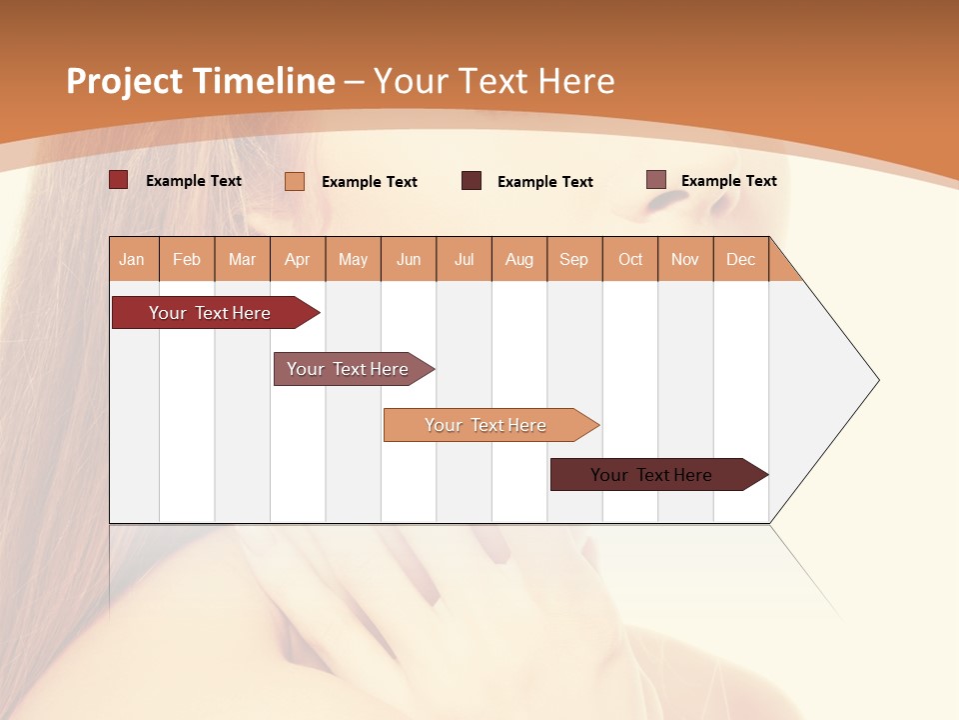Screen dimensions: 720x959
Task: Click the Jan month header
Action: pyautogui.click(x=133, y=259)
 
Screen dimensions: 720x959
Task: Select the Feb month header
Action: pyautogui.click(x=187, y=259)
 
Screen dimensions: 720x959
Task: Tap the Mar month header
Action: pyautogui.click(x=242, y=259)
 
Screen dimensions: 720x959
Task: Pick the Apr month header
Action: pyautogui.click(x=298, y=259)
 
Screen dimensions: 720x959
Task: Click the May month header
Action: pyautogui.click(x=353, y=259)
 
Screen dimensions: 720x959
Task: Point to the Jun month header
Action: pyautogui.click(x=409, y=259)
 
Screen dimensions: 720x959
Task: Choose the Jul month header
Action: pyautogui.click(x=464, y=259)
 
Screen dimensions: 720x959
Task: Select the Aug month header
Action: pyautogui.click(x=519, y=259)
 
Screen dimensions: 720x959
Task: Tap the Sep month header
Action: pyautogui.click(x=574, y=259)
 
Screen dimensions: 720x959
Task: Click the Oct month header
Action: pyautogui.click(x=630, y=259)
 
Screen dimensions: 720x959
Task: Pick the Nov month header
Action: pyautogui.click(x=685, y=259)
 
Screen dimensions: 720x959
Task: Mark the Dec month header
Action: pyautogui.click(x=741, y=259)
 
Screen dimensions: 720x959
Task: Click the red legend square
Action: pyautogui.click(x=118, y=180)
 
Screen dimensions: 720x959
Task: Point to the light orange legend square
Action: pyautogui.click(x=295, y=181)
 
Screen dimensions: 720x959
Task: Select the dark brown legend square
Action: pyautogui.click(x=472, y=181)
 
